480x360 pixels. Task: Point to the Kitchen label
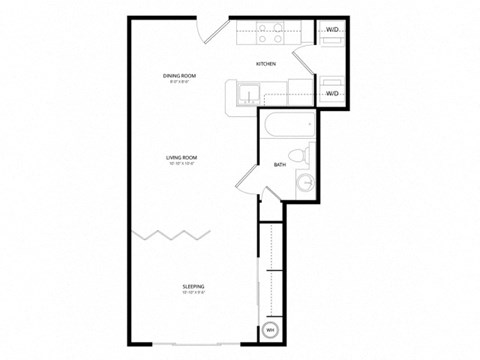tap(265, 63)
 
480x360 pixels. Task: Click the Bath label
tap(280, 165)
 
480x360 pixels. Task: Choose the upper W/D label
tap(333, 31)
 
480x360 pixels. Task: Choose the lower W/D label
tap(333, 93)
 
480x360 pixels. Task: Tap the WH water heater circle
tap(270, 329)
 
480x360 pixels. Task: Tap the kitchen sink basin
tap(250, 93)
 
